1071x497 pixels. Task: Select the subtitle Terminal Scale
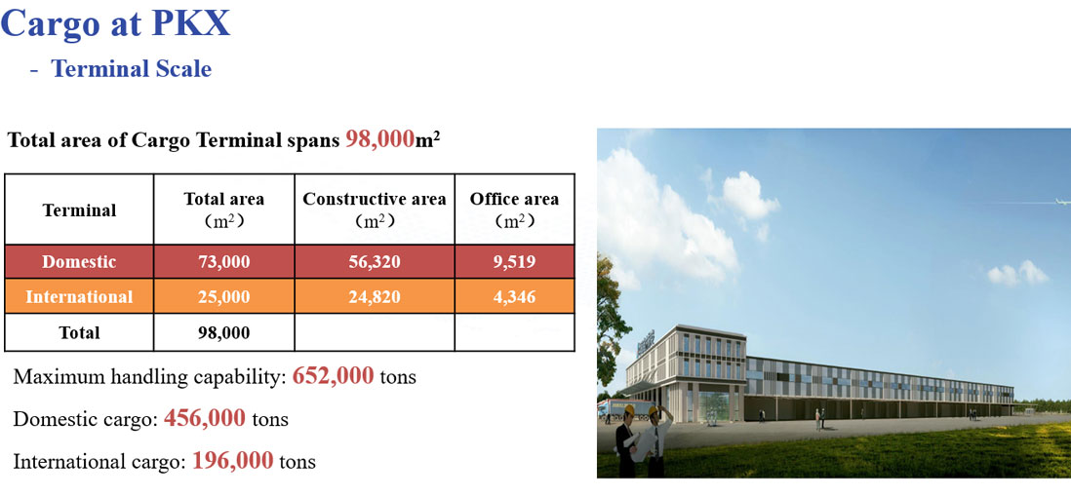tap(131, 68)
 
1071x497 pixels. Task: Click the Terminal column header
tap(79, 210)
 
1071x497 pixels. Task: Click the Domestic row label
tap(79, 261)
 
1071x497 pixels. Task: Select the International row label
tap(79, 297)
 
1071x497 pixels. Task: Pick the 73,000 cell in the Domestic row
tap(224, 261)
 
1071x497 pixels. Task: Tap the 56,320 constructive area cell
tap(375, 261)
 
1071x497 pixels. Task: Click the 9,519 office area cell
tap(514, 261)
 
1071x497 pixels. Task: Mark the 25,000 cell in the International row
tap(224, 297)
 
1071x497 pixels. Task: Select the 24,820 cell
tap(375, 297)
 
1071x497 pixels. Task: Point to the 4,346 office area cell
tap(514, 297)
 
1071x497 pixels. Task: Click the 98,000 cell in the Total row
tap(224, 332)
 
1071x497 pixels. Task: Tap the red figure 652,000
tap(333, 375)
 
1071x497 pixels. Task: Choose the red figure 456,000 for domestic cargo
tap(204, 417)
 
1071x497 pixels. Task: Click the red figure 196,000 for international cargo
tap(233, 460)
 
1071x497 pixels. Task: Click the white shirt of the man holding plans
tap(658, 437)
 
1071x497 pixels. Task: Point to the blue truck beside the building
tap(616, 407)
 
